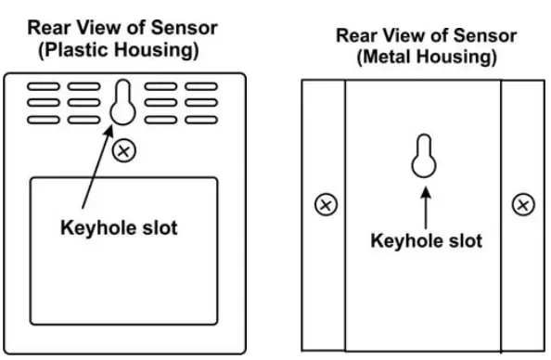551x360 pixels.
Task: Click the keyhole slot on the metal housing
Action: [x=424, y=159]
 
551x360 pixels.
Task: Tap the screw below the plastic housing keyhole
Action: [x=122, y=149]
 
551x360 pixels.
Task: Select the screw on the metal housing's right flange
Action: [x=523, y=204]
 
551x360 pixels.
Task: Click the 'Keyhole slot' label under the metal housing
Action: [x=426, y=240]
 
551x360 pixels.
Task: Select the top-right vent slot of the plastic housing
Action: [x=201, y=87]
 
